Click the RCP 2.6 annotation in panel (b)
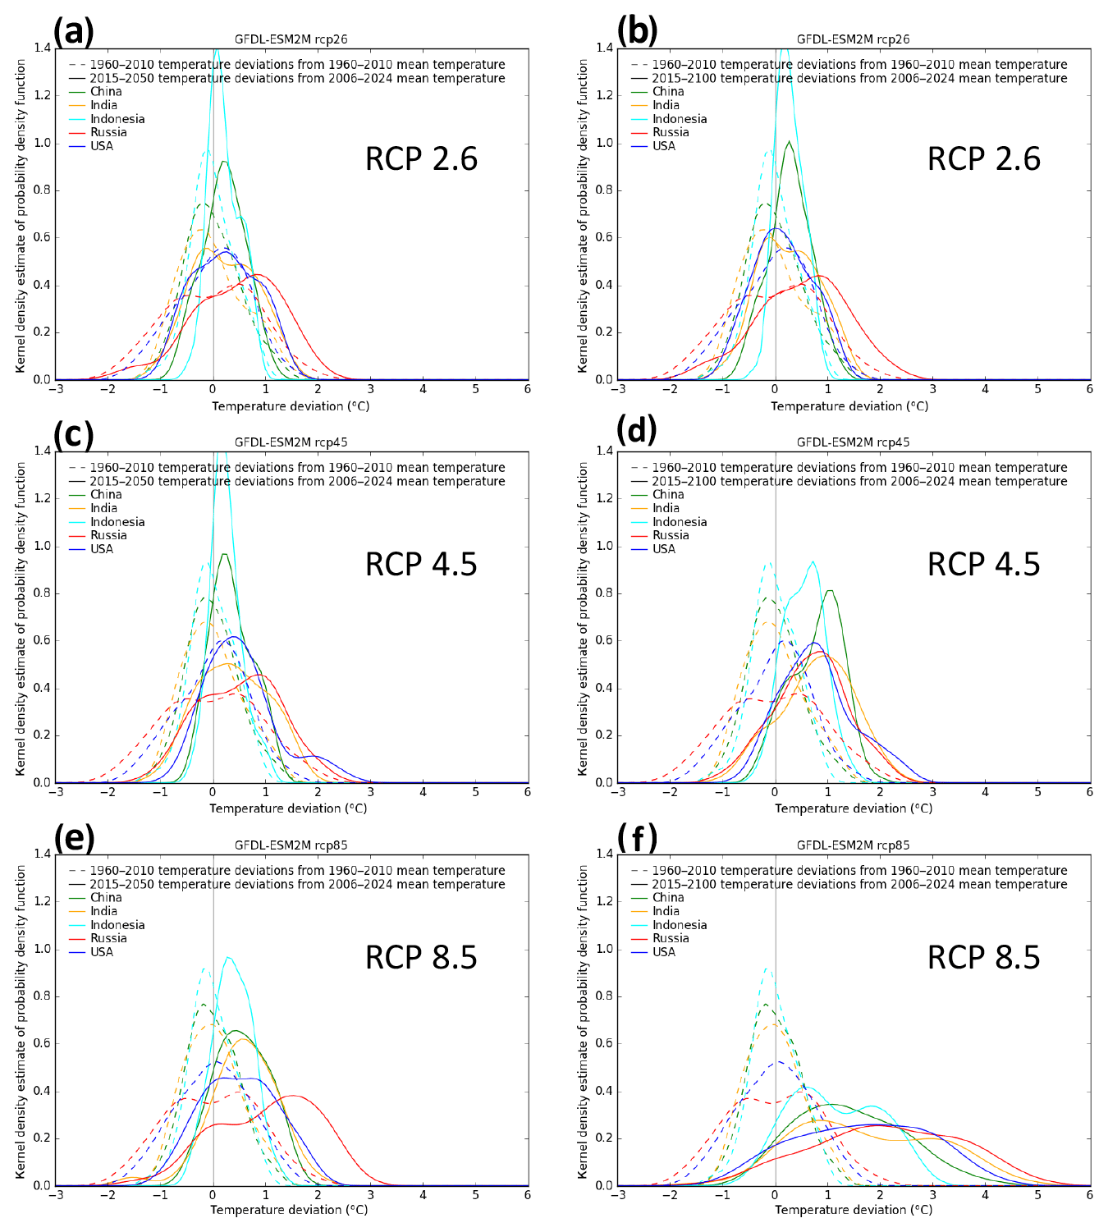tap(983, 159)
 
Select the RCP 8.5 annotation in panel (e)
tap(421, 958)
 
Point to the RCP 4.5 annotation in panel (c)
tap(421, 565)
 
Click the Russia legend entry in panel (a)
tap(108, 132)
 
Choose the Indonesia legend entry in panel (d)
tap(680, 522)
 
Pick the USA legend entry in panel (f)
tap(664, 952)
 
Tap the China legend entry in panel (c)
tap(106, 494)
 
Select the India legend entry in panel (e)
tap(103, 911)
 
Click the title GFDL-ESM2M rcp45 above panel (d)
tap(853, 442)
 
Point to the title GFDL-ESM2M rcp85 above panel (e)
tap(291, 845)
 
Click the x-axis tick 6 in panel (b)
tap(1089, 389)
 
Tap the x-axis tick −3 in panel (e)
tap(56, 1195)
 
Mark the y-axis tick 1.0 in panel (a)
tap(42, 143)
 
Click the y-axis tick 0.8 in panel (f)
tap(604, 996)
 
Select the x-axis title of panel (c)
tap(288, 808)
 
